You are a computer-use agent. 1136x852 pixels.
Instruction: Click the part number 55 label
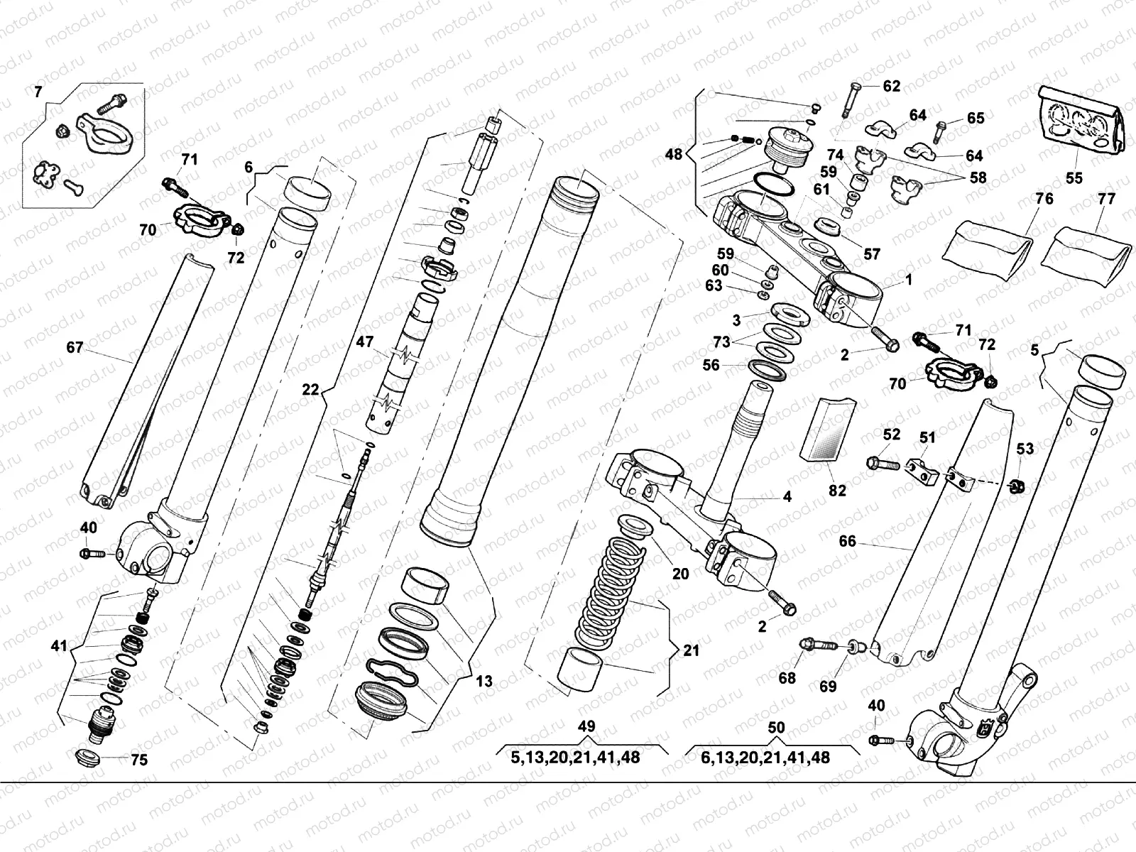1074,177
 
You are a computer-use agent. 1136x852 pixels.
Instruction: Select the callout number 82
837,490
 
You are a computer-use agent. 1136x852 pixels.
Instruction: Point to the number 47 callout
365,342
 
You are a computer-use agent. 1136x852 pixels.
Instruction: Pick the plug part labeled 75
89,756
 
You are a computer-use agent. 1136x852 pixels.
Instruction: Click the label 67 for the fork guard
75,348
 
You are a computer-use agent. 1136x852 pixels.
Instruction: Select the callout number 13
484,682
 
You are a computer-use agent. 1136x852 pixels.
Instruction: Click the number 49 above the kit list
586,727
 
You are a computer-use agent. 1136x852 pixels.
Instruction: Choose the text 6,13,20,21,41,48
765,758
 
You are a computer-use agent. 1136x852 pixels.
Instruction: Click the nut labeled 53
1017,486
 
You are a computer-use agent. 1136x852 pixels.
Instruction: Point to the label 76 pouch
1044,199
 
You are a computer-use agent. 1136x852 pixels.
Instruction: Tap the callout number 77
1106,199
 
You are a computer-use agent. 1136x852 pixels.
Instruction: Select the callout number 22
310,389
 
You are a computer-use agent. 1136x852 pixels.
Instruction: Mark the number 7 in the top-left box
38,91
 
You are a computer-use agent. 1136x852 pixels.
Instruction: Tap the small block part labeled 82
825,430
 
